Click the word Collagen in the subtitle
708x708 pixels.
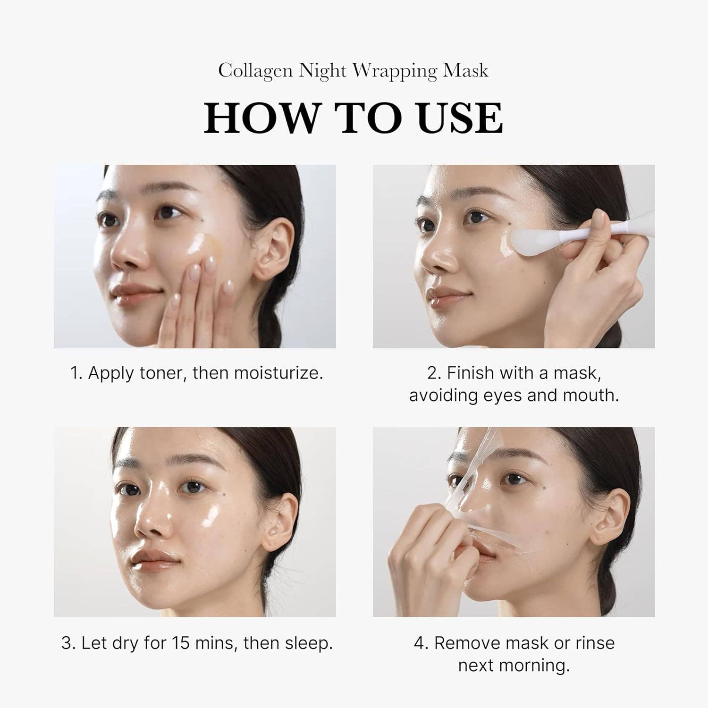click(255, 71)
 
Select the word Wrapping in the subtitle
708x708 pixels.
click(395, 71)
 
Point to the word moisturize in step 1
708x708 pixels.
click(278, 373)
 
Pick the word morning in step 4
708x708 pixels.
click(537, 666)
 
